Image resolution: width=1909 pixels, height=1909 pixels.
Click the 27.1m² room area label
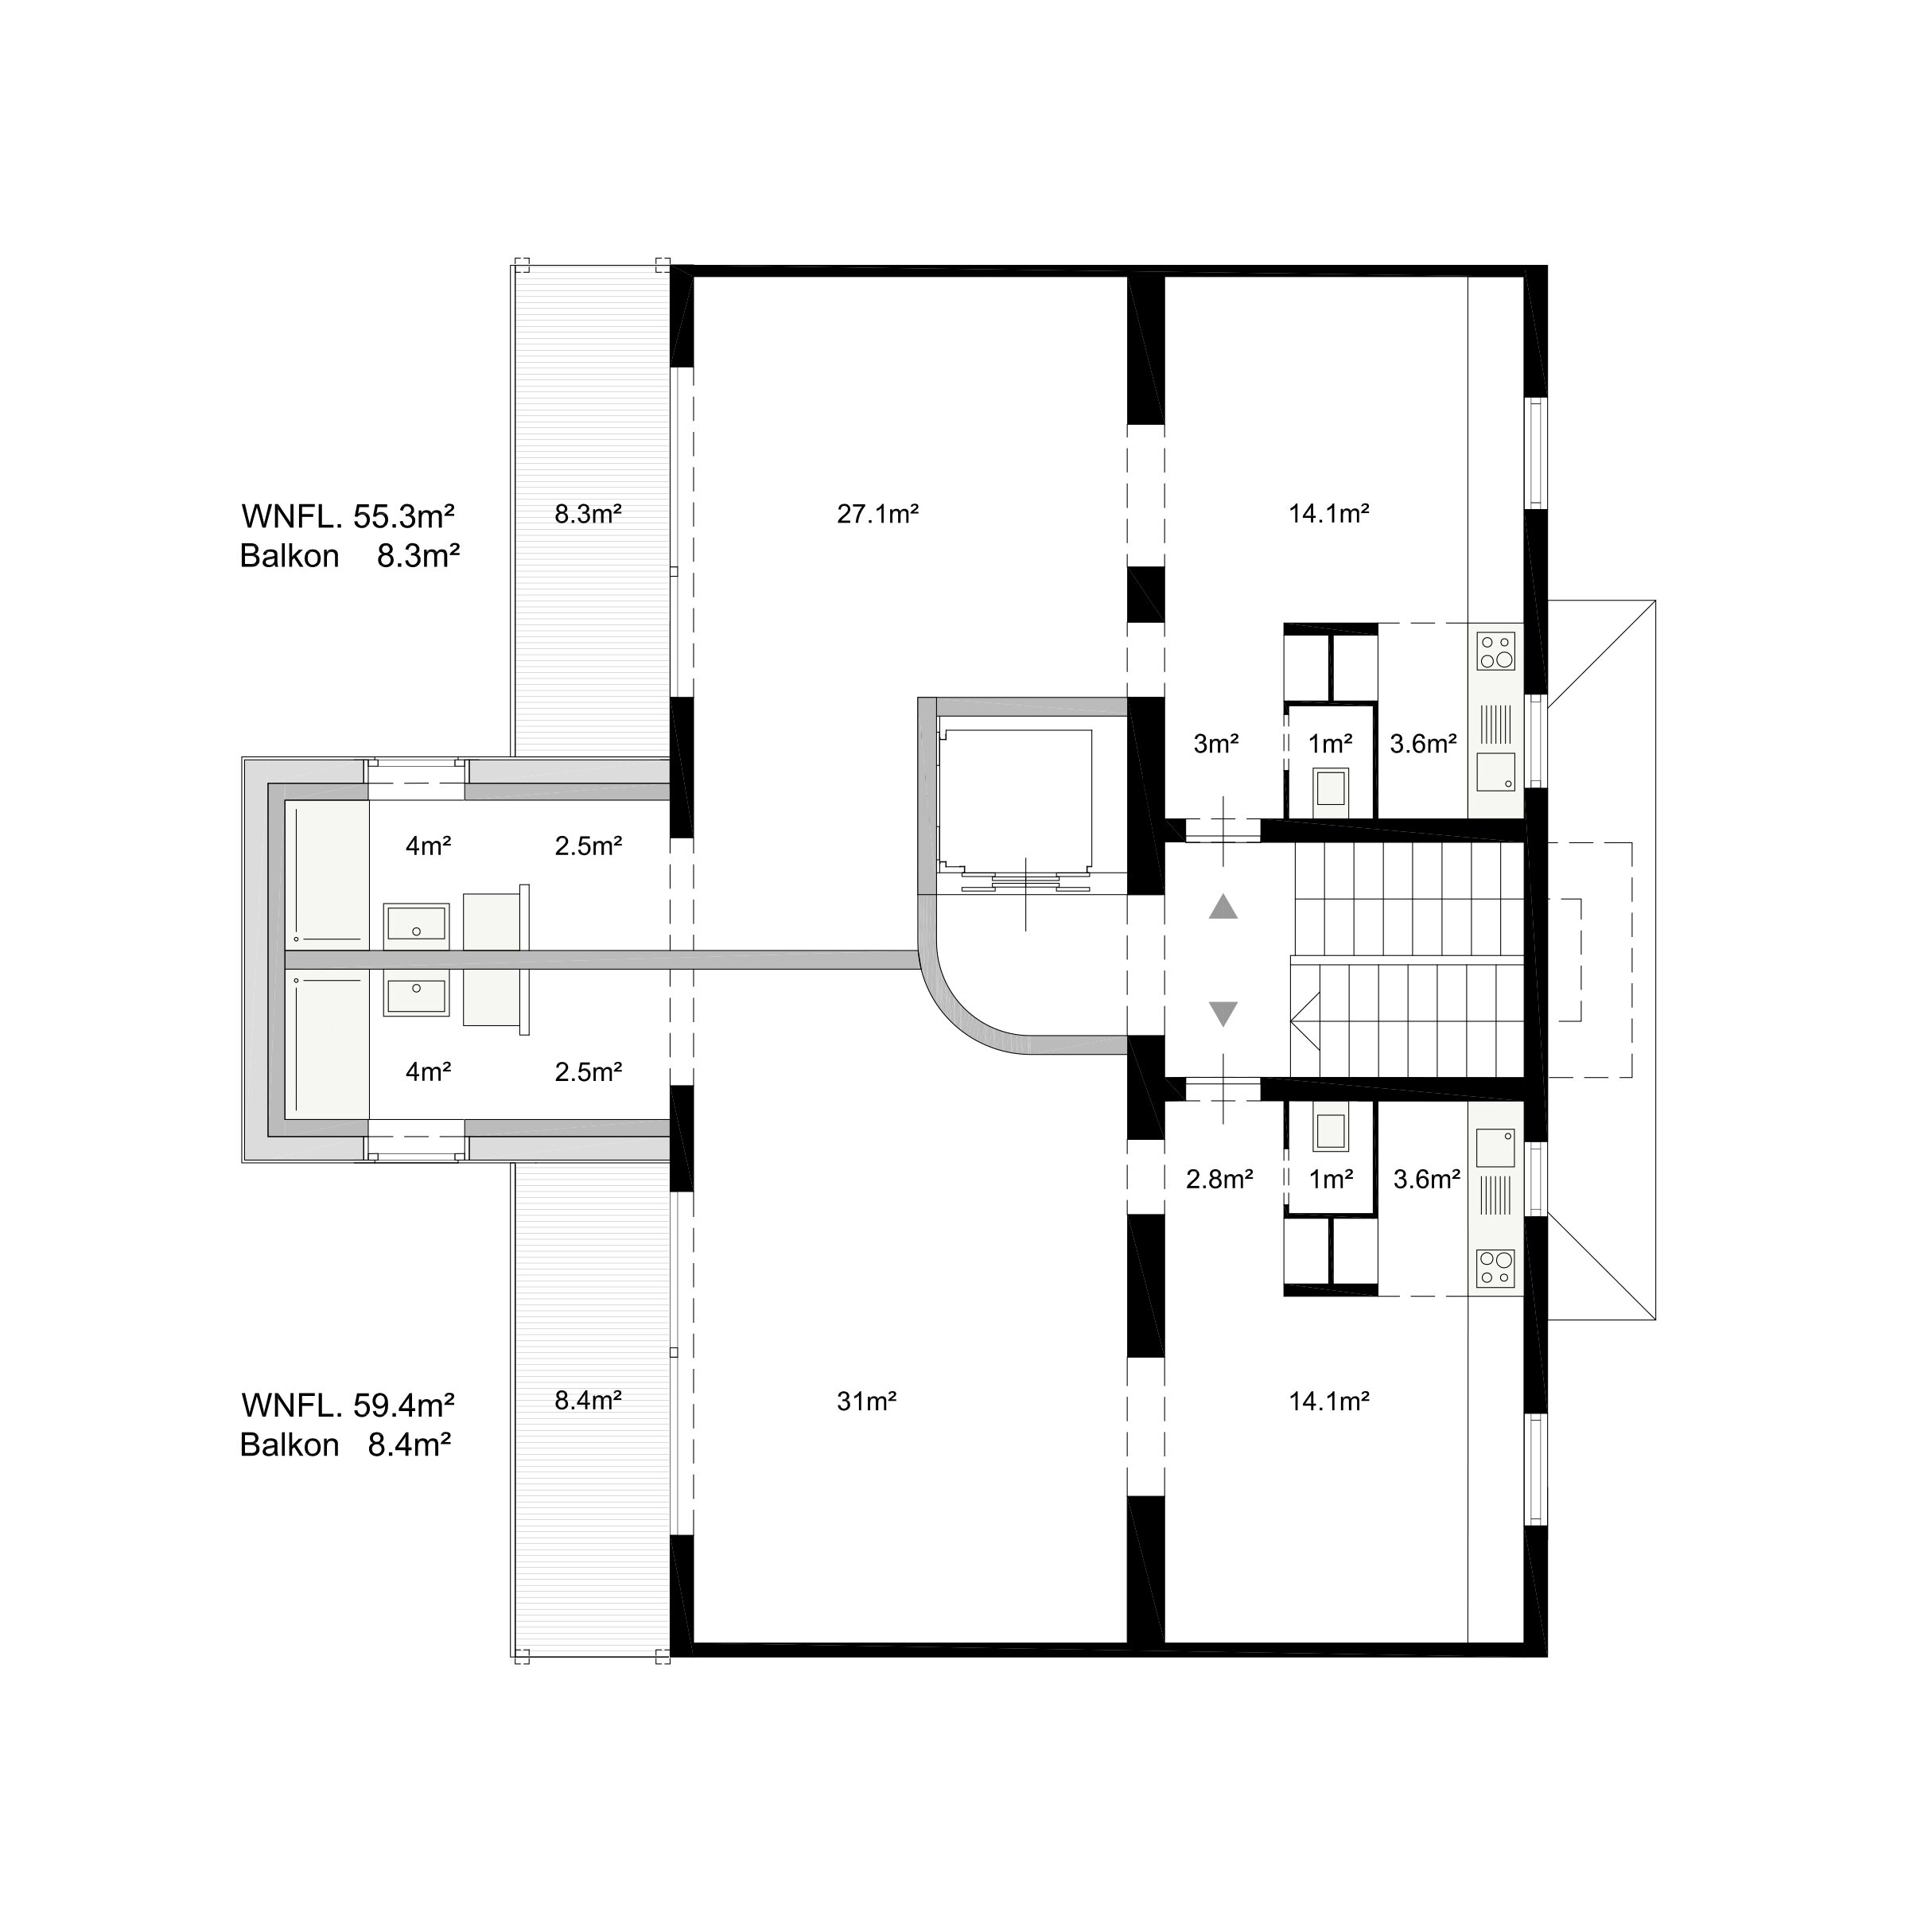click(877, 514)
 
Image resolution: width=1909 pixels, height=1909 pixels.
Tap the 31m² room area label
click(866, 1400)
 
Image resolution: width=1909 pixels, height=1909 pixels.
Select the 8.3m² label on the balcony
click(588, 514)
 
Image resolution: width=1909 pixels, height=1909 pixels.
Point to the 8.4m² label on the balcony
click(588, 1400)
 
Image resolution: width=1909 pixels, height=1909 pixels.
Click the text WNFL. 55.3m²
click(348, 515)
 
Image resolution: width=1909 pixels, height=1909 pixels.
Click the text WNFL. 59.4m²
click(348, 1404)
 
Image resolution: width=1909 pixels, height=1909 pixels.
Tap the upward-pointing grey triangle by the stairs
click(1223, 906)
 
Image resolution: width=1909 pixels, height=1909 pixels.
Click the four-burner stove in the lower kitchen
click(1496, 1269)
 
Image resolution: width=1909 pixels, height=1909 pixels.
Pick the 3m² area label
click(1215, 744)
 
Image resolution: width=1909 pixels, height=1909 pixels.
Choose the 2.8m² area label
click(1219, 1178)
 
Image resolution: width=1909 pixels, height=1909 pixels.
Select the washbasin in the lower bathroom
click(416, 995)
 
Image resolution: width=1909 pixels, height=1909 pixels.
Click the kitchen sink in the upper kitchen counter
click(1496, 772)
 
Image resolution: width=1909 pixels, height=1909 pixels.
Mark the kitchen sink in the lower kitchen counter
click(1496, 1148)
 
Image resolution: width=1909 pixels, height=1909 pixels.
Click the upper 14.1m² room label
click(1329, 514)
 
